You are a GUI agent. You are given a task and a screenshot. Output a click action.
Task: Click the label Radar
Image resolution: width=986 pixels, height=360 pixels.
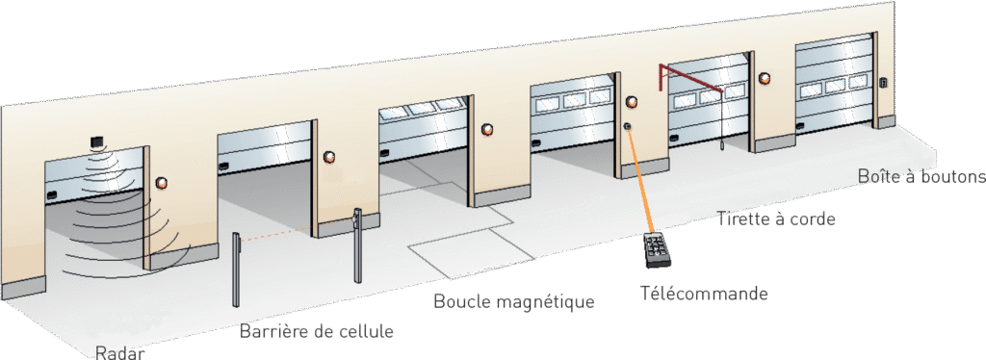[x=120, y=352]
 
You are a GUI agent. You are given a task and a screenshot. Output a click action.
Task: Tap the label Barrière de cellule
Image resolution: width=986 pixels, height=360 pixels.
[x=316, y=330]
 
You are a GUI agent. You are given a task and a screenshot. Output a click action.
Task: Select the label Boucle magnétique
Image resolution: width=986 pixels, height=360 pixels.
[x=514, y=301]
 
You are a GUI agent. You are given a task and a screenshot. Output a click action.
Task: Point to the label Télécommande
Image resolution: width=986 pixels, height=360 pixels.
[x=704, y=293]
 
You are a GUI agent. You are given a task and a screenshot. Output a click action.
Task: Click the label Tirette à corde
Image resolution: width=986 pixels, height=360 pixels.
[x=777, y=219]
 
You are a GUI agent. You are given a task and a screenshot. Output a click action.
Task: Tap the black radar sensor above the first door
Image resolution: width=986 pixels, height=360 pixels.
[x=97, y=143]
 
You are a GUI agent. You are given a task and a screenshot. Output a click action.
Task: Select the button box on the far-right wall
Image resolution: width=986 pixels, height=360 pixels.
[x=883, y=83]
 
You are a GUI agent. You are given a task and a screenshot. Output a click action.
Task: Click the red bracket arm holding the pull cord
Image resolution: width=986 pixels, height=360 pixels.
[x=691, y=75]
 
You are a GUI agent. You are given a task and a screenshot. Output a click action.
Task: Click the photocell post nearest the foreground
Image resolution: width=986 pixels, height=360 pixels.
[x=236, y=270]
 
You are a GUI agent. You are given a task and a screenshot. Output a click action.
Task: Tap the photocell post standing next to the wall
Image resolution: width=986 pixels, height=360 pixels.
[x=357, y=245]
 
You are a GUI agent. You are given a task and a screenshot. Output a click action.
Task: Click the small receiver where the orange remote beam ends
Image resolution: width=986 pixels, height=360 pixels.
[x=628, y=127]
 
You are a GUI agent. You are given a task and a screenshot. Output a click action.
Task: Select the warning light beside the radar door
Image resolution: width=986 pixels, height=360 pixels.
[x=162, y=183]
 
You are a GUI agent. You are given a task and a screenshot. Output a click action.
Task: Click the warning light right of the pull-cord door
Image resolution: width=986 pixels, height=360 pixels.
[x=764, y=79]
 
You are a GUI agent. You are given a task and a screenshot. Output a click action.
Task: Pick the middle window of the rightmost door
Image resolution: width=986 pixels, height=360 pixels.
[x=835, y=87]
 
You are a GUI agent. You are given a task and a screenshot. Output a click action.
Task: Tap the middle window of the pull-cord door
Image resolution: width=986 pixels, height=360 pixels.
[x=710, y=96]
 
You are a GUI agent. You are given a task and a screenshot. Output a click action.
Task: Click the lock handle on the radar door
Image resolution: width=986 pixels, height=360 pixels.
[x=51, y=193]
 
